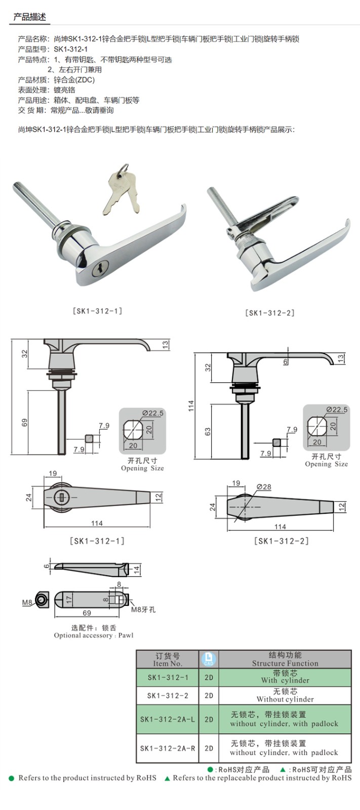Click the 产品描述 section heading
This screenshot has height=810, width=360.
point(29,17)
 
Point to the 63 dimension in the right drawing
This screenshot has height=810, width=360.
point(207,432)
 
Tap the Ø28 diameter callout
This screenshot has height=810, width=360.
point(264,487)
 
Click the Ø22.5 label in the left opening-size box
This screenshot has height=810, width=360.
point(152,413)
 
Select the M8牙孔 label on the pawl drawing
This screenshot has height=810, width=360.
point(143,609)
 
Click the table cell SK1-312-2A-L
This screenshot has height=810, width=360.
point(168,719)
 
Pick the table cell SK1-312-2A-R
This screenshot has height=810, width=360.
point(168,748)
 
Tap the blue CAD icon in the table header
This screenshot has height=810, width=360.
point(209,659)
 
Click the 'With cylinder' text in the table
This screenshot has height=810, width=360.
point(285,680)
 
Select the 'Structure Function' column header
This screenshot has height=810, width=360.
point(285,663)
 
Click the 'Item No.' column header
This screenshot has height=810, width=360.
point(168,663)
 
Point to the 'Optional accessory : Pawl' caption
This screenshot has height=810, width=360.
point(94,635)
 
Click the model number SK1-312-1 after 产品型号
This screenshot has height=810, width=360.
point(70,49)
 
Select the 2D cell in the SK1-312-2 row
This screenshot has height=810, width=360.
point(209,696)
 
